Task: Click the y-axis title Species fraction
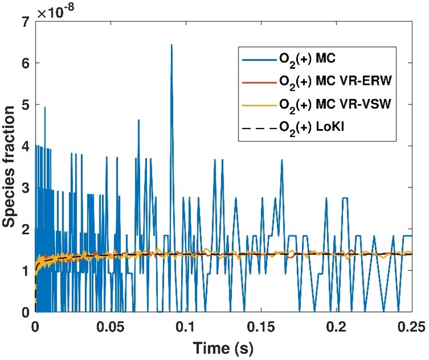coord(10,167)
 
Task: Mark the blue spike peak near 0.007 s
coord(45,107)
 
